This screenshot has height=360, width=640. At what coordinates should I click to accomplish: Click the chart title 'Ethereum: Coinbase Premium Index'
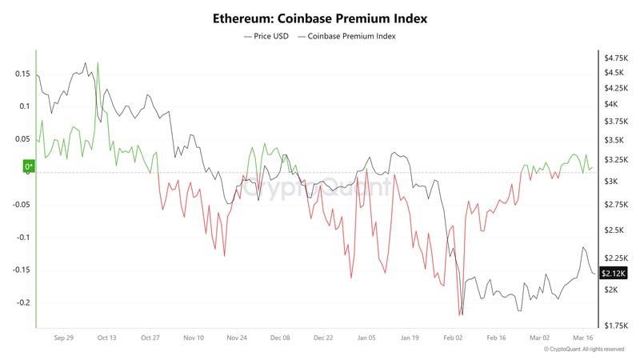coord(320,16)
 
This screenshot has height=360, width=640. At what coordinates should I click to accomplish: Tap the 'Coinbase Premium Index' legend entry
coord(350,36)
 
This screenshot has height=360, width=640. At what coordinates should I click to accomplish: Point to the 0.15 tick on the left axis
coord(22,74)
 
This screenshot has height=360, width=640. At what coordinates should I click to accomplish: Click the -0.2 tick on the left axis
coord(22,303)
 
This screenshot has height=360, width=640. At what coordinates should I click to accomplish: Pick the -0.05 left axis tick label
coord(20,205)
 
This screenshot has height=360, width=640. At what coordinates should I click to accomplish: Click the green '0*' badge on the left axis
coord(29,166)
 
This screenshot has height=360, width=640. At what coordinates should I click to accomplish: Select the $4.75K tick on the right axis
coord(616,58)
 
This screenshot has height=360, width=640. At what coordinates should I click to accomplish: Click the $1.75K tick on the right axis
coord(616,326)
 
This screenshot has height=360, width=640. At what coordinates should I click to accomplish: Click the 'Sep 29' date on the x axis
coord(64,338)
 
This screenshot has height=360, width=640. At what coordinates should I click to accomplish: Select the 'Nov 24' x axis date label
coord(237,338)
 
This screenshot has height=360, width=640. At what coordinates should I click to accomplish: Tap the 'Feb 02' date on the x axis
coord(454,338)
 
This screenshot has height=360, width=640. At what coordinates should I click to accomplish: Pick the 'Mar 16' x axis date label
coord(582,338)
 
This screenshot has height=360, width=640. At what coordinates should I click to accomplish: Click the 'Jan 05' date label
coord(367,338)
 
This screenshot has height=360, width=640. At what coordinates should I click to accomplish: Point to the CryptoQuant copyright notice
coord(583,350)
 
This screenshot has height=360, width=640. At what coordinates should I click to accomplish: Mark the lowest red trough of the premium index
coord(460,316)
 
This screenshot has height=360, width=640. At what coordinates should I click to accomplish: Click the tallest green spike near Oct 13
coord(98,62)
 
